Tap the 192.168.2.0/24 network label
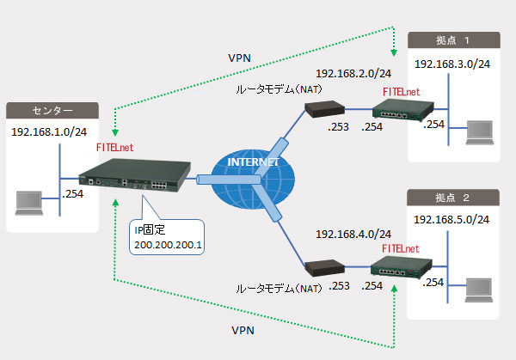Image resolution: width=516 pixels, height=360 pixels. tap(353, 75)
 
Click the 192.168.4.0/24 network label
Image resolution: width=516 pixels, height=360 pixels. tap(353, 234)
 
